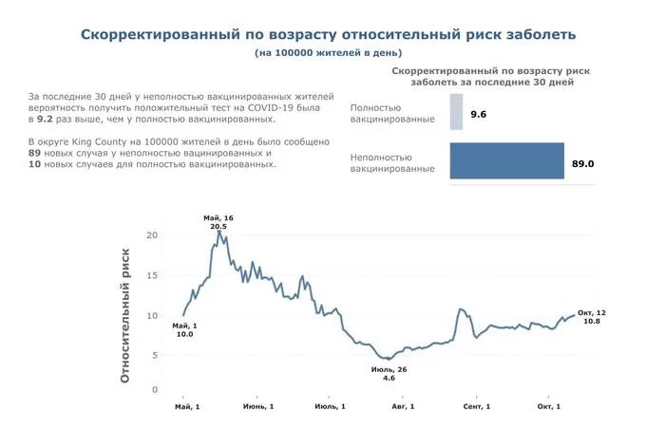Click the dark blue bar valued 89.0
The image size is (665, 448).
click(x=506, y=161)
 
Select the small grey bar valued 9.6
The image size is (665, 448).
click(x=456, y=113)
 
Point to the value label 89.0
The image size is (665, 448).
click(x=582, y=163)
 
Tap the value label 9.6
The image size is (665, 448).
click(x=478, y=114)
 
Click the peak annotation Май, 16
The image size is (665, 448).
click(x=218, y=218)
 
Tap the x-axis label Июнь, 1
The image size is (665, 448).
click(x=258, y=406)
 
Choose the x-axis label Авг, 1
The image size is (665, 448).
click(x=403, y=406)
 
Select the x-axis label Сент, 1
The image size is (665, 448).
click(x=476, y=406)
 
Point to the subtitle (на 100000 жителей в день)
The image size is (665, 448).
click(x=329, y=53)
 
